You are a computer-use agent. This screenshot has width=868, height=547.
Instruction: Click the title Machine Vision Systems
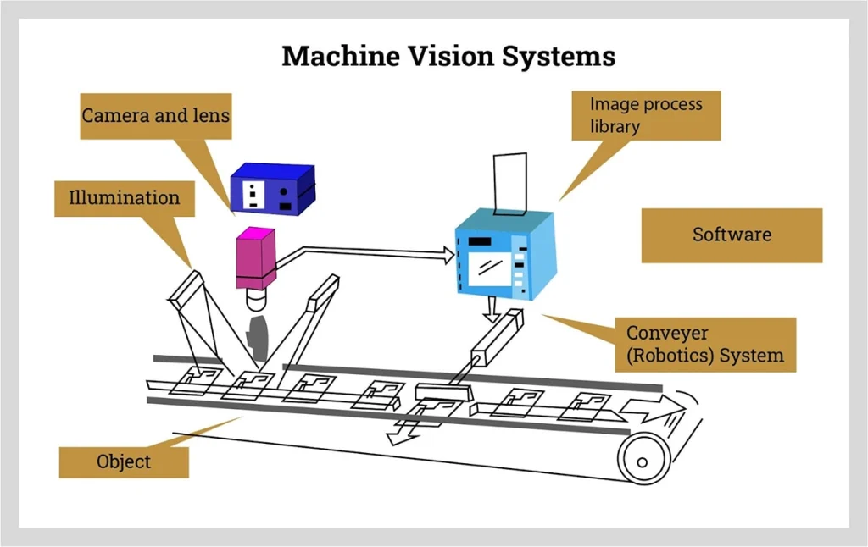[x=448, y=56]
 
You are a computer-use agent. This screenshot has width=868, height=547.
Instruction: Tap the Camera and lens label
[x=156, y=116]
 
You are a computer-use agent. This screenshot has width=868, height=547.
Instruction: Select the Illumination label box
[x=125, y=198]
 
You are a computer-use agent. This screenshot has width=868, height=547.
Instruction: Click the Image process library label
[x=646, y=115]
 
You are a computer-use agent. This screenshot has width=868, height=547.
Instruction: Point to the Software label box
[x=732, y=235]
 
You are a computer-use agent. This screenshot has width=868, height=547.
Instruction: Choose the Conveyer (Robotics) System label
[x=705, y=344]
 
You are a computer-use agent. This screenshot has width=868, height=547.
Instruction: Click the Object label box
[x=124, y=461]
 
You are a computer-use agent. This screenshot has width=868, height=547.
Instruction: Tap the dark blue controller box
[x=273, y=189]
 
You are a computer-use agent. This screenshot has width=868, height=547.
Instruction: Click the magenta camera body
[x=256, y=258]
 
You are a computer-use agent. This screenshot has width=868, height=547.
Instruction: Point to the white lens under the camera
[x=256, y=299]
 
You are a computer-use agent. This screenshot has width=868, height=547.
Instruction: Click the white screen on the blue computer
[x=490, y=269]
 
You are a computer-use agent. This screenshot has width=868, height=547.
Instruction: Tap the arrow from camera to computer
[x=365, y=254]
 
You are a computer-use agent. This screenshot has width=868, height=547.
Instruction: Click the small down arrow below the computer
[x=491, y=309]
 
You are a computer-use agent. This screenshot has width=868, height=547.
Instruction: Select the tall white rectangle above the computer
[x=510, y=184]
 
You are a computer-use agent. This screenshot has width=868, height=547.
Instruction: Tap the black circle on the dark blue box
[x=283, y=192]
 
